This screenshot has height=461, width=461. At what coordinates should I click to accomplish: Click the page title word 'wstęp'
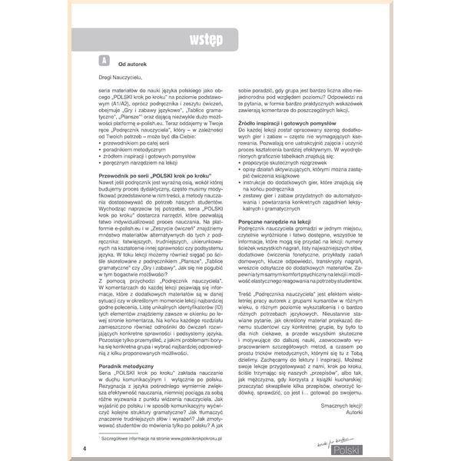click(x=205, y=39)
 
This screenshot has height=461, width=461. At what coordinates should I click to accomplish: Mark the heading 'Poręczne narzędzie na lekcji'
click(x=279, y=221)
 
